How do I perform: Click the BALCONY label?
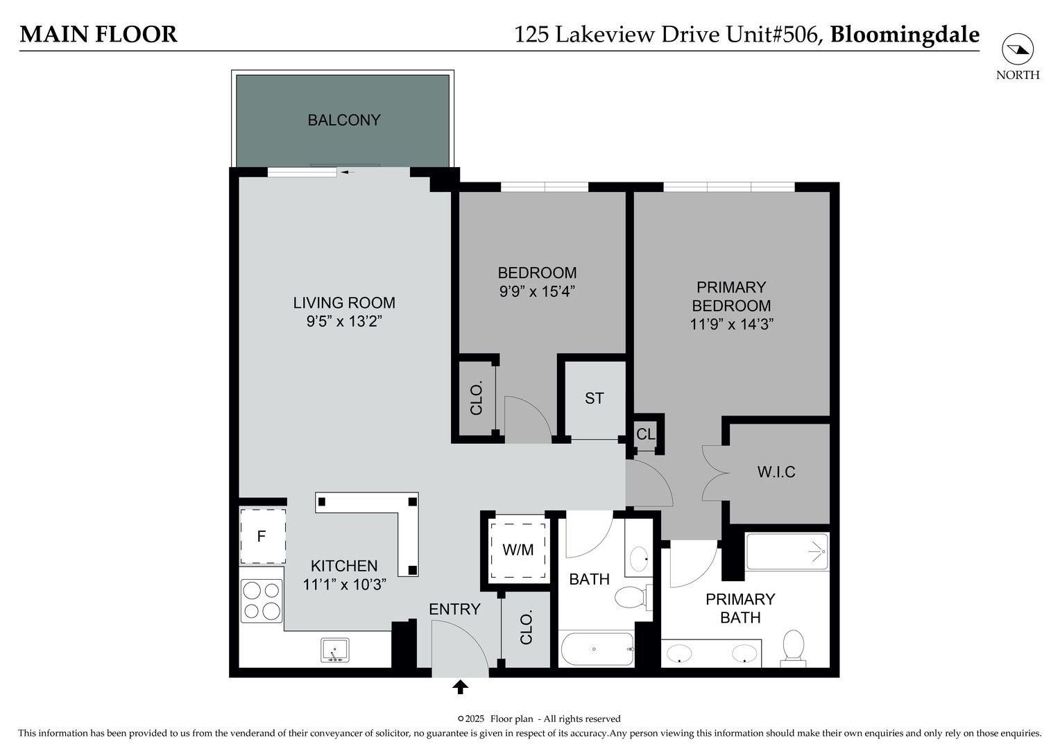pos(344,120)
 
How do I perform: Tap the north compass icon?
pos(1018,49)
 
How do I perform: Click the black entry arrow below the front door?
pos(460,687)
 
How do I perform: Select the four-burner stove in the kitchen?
pos(262,601)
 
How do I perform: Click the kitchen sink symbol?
pos(334,651)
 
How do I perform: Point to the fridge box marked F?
pos(262,536)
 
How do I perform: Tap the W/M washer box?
pos(518,550)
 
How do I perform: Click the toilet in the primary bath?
pos(793,646)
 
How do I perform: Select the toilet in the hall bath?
pos(632,597)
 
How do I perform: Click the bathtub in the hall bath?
pos(597,650)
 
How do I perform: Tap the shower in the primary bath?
pos(787,551)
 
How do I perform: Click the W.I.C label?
pos(776,472)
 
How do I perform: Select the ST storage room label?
pos(594,398)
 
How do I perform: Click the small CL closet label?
pos(645,434)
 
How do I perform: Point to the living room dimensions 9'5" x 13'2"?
pos(344,322)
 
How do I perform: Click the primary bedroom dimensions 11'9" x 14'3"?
pos(731,324)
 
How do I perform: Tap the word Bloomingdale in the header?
pos(905,34)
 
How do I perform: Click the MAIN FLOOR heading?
pos(99,34)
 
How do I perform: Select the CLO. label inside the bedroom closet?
pos(476,399)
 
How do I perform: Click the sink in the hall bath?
pos(638,558)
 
